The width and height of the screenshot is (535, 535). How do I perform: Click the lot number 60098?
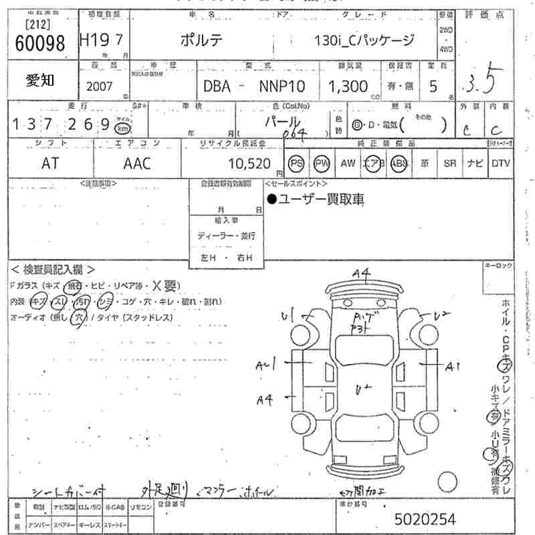click(x=39, y=43)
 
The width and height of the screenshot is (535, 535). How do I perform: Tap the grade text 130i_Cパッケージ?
click(x=364, y=40)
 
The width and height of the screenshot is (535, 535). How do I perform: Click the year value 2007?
click(x=100, y=86)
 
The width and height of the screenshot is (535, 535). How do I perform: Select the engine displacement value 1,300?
click(x=347, y=86)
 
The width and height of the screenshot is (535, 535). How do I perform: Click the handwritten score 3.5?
click(x=479, y=82)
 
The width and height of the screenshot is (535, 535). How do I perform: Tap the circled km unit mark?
click(x=122, y=127)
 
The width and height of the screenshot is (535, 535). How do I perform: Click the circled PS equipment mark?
click(x=296, y=163)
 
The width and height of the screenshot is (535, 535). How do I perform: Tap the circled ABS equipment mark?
click(x=399, y=163)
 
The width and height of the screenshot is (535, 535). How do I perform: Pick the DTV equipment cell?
click(x=500, y=163)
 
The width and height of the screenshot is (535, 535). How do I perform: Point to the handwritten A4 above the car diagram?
click(x=362, y=272)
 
